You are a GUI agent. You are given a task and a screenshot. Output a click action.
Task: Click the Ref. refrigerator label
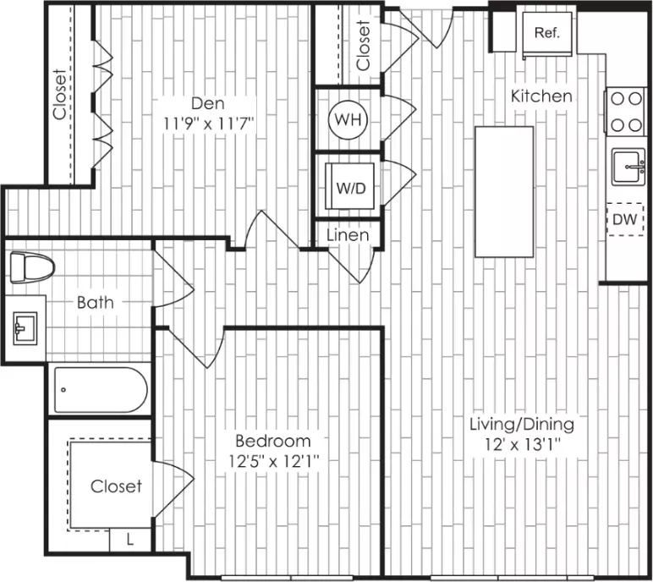546,32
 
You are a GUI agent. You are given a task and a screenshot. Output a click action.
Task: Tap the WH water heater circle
348,120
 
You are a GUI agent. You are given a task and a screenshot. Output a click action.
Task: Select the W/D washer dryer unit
351,186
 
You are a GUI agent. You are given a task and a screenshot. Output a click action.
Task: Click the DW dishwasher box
625,219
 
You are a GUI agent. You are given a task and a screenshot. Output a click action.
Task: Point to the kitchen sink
628,167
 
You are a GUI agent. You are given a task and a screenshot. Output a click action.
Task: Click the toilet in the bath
32,267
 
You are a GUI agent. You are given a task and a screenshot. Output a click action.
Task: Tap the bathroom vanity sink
25,329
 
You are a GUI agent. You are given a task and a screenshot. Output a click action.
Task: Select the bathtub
101,389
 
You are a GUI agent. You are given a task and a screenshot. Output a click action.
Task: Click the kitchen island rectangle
504,192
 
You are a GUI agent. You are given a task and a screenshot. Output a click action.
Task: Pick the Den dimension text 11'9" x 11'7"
208,124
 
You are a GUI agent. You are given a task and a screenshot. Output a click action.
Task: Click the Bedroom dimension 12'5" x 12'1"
273,461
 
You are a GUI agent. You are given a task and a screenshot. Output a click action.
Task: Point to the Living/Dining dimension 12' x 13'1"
523,444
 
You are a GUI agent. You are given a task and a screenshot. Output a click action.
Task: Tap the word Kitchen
541,96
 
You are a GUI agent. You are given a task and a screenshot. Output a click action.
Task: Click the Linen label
348,235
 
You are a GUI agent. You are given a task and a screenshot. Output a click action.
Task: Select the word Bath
96,303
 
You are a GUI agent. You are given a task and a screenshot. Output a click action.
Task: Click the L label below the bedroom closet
130,541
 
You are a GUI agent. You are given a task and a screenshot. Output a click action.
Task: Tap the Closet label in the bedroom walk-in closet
116,486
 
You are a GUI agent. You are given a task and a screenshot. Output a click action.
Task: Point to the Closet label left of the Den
59,94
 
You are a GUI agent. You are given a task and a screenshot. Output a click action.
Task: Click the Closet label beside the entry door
363,45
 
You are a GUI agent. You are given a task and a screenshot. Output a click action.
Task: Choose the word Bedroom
272,441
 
